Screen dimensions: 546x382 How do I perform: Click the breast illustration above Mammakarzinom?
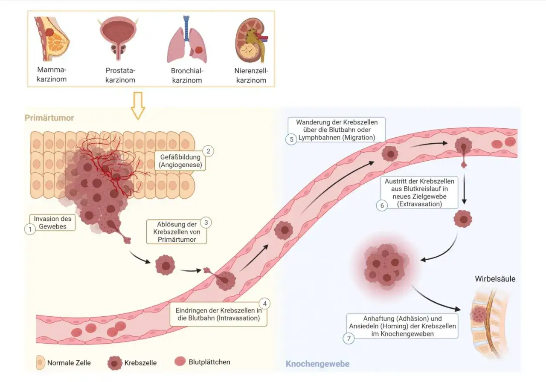(52, 38)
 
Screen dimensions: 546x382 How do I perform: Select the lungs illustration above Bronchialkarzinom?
(187, 40)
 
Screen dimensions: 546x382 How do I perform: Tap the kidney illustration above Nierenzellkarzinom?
(251, 40)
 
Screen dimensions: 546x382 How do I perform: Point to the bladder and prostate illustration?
(119, 38)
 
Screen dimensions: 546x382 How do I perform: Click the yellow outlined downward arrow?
(138, 106)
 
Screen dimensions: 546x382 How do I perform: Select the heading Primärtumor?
(49, 118)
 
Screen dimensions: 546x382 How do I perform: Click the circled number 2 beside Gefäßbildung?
(208, 151)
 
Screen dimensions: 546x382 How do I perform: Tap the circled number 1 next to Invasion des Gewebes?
(30, 229)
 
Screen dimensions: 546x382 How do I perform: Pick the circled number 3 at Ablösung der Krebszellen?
(206, 223)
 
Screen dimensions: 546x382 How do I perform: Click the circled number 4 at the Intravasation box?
(264, 304)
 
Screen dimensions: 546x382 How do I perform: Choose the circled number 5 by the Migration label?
(291, 139)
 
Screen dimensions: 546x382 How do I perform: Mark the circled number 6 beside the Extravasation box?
(382, 205)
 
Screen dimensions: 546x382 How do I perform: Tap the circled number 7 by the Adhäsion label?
(349, 339)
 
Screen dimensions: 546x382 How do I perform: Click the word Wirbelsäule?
(495, 279)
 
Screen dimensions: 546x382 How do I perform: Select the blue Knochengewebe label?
(318, 364)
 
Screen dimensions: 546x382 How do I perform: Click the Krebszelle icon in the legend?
(115, 363)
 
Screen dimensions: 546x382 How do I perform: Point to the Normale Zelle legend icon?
(41, 362)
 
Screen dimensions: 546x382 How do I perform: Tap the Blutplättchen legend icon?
(180, 362)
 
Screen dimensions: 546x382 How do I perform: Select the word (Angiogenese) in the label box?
(180, 165)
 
